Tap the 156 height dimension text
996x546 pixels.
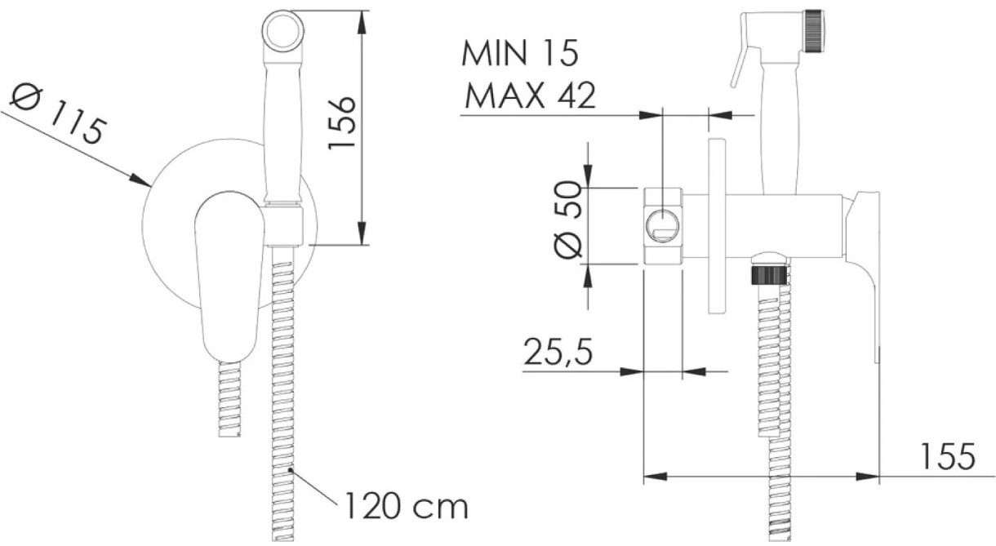342,123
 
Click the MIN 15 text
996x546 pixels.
520,54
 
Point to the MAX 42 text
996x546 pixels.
530,95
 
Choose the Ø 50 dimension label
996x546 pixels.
568,220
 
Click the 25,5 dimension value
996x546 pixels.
558,351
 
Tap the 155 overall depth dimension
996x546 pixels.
947,456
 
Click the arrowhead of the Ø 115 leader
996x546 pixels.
140,180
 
